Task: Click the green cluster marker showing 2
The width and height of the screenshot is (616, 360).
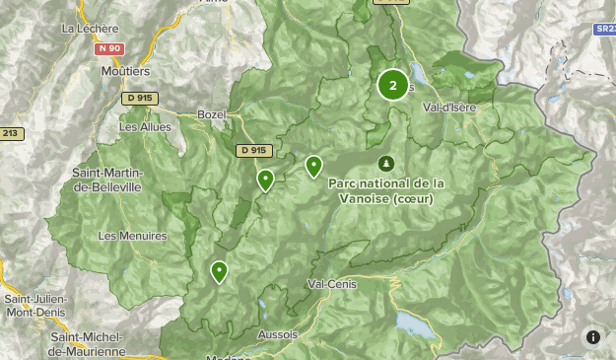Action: [393, 85]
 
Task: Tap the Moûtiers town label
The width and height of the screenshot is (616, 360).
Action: [125, 71]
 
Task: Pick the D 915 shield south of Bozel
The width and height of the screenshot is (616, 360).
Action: [253, 150]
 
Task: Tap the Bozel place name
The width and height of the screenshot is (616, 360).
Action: [213, 114]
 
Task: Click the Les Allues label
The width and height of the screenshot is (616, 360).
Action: [145, 126]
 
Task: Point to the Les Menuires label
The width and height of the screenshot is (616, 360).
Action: [133, 236]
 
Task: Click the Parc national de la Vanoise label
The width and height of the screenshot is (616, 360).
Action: [386, 190]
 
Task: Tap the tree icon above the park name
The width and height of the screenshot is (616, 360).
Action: [385, 163]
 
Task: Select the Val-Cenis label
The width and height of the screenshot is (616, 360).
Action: [331, 283]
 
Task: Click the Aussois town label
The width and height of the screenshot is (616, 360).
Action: [277, 334]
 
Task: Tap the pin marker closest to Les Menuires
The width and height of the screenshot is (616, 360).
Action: [219, 271]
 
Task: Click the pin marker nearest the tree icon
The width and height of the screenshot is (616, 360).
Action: [313, 166]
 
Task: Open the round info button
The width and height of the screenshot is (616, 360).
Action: [593, 337]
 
